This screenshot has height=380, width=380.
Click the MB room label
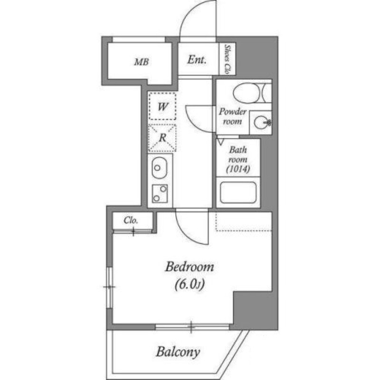point(142,62)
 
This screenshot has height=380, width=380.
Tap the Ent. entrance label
point(197,60)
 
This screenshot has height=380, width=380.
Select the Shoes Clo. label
point(227,59)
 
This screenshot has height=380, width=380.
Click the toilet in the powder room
point(252,93)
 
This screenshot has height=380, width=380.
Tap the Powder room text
point(233,116)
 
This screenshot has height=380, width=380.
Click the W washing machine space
point(162,106)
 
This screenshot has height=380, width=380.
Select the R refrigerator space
point(162,138)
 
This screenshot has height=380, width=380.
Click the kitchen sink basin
point(160,168)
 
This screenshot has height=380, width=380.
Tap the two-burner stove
point(160,193)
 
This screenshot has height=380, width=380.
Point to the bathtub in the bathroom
point(238,192)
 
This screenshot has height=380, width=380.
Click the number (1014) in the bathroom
point(238,169)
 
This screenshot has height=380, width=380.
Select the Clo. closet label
point(131,220)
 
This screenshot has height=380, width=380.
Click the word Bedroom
point(190,267)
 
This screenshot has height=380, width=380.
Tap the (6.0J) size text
point(190,284)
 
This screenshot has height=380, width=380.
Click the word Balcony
point(178,352)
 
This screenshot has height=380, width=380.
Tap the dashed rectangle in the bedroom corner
point(244,221)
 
